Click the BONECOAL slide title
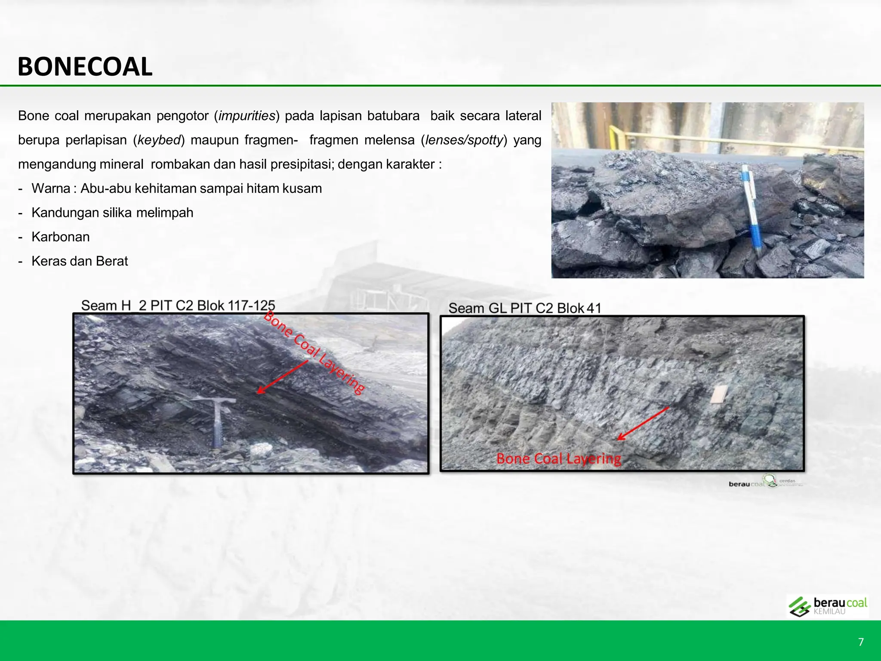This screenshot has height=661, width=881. click(x=85, y=67)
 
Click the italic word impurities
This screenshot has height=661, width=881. click(x=246, y=116)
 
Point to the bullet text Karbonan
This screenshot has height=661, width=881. click(x=61, y=237)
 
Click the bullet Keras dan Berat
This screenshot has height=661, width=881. click(x=80, y=261)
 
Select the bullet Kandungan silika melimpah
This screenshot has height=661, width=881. click(x=112, y=213)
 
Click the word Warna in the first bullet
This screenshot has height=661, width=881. click(x=51, y=188)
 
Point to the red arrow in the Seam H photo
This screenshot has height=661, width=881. click(x=282, y=377)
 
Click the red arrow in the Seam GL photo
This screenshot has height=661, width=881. click(x=643, y=423)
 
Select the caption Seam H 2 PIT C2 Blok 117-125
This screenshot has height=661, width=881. click(x=178, y=306)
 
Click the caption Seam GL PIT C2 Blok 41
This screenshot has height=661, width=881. click(x=524, y=308)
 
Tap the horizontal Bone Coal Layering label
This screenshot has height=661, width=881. click(x=558, y=459)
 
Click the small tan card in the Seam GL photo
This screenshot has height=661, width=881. click(x=719, y=394)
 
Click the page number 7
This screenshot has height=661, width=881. click(x=861, y=642)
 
